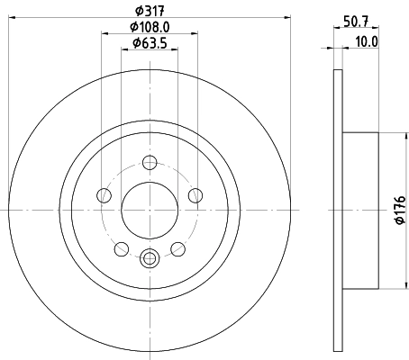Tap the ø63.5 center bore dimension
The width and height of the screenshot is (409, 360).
click(x=150, y=42)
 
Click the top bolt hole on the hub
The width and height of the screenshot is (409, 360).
click(x=150, y=164)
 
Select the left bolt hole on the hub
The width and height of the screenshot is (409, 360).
click(x=105, y=197)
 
